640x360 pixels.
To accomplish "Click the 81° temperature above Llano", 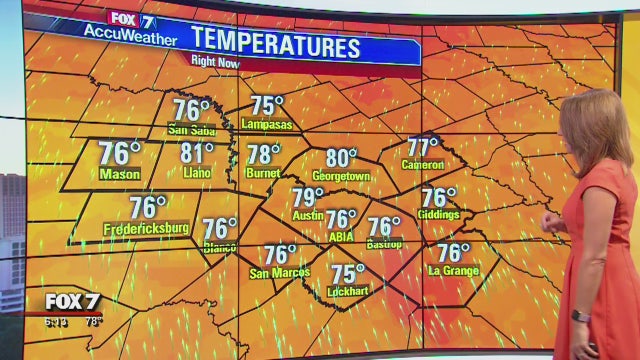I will point(197,153).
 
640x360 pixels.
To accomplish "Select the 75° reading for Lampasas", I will point(267,105).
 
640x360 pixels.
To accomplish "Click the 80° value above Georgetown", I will point(341,158).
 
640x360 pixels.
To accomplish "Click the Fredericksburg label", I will point(146,229).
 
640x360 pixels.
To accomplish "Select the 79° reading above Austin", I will point(308,197).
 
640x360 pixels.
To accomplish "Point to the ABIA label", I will point(341,237).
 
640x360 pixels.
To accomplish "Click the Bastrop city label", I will point(384,244).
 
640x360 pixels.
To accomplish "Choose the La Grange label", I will point(453,271).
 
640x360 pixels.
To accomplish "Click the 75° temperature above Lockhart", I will point(348,273).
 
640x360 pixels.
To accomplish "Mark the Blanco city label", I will point(219,246).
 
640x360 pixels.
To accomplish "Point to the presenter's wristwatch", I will point(581,316).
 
